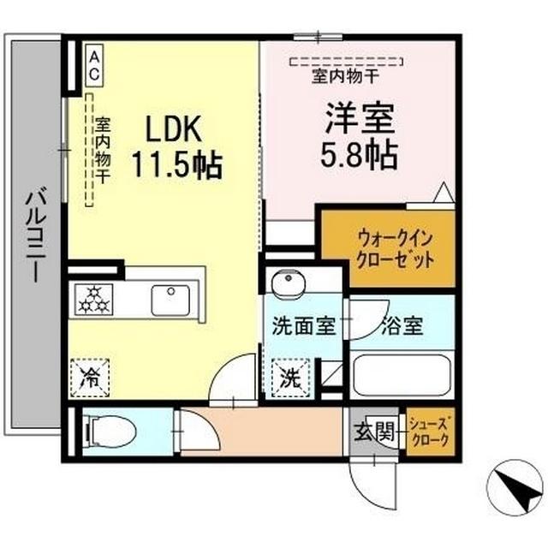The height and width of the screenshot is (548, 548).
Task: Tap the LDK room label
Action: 174,128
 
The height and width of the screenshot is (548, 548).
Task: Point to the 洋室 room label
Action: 360,118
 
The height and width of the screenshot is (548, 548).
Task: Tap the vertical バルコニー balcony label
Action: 36,235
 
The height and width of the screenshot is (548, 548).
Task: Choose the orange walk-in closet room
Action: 388,249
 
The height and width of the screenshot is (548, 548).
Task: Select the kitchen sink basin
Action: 170,301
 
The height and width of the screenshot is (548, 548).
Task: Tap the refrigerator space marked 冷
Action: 90,378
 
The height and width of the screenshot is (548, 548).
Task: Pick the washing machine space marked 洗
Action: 291,378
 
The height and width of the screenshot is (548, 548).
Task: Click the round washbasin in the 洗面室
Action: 289,283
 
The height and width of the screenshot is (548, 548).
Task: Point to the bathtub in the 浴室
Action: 402,375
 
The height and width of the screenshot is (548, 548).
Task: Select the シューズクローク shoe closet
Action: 431,432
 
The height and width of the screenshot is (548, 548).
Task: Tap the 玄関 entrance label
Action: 375,432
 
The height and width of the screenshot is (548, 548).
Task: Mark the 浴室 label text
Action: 402,325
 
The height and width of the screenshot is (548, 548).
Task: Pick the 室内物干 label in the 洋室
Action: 345,76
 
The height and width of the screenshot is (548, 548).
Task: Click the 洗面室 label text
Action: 304,325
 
